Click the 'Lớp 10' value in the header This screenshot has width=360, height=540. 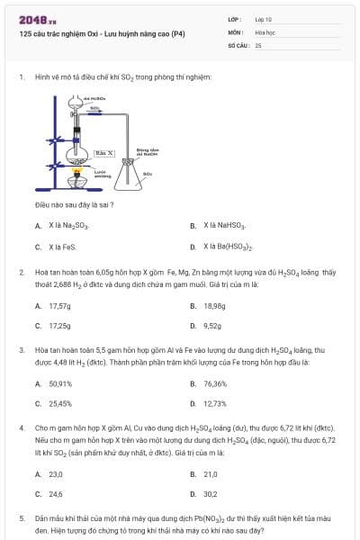click(263, 18)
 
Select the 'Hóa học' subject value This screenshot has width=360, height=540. click(265, 31)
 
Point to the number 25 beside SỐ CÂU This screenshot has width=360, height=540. click(258, 44)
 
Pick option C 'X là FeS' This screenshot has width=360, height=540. click(63, 246)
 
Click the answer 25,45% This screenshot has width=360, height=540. click(60, 403)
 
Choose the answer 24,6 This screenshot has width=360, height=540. click(56, 494)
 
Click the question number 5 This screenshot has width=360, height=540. click(22, 519)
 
